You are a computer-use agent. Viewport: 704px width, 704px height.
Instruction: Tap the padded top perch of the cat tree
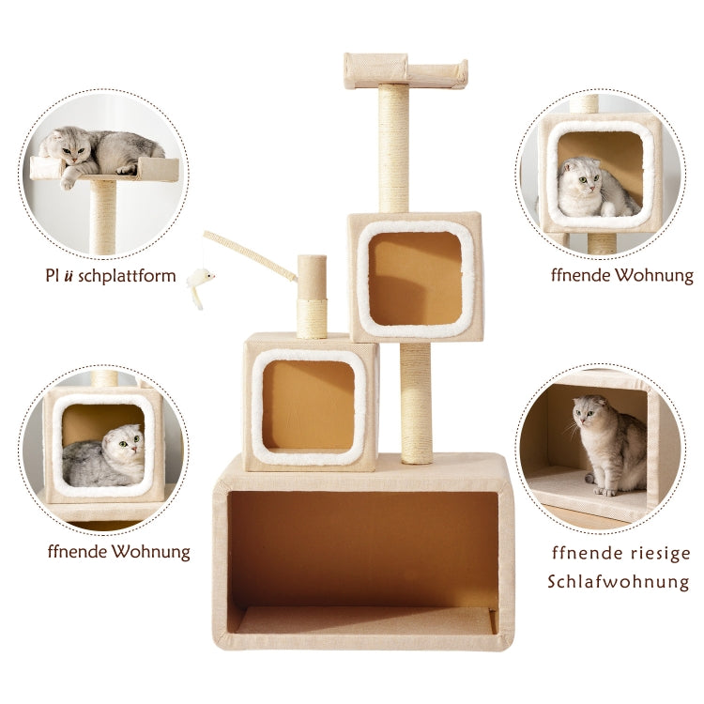pyautogui.click(x=406, y=70)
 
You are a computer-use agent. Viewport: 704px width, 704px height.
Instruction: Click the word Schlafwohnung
pyautogui.click(x=618, y=582)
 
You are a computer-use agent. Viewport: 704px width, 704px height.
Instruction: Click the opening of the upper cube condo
pyautogui.click(x=414, y=278)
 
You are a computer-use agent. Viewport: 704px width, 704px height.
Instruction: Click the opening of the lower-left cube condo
pyautogui.click(x=308, y=405)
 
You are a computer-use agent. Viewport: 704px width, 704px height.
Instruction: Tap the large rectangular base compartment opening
pyautogui.click(x=364, y=559)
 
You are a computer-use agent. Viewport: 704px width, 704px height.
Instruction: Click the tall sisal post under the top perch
pyautogui.click(x=394, y=150)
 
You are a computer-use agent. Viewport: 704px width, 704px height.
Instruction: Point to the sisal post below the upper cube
pyautogui.click(x=416, y=402)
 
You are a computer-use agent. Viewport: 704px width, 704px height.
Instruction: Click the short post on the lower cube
pyautogui.click(x=312, y=295)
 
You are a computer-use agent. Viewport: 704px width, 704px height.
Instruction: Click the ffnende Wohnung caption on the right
pyautogui.click(x=622, y=276)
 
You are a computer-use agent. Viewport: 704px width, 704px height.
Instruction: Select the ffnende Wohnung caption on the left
pyautogui.click(x=118, y=551)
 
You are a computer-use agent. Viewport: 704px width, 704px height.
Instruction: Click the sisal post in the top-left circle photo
pyautogui.click(x=103, y=216)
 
